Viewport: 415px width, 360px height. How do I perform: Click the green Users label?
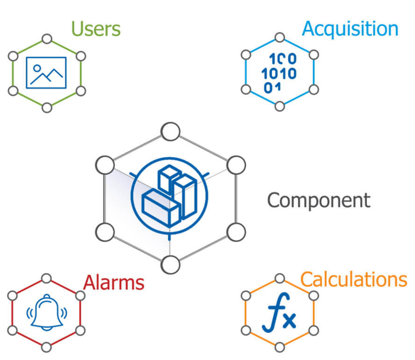point(95,29)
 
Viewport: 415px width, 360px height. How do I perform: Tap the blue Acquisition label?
point(350,29)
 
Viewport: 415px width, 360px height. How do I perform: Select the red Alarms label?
point(114,283)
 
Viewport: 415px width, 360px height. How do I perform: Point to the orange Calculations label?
point(353,280)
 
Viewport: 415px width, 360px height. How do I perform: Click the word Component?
point(319,201)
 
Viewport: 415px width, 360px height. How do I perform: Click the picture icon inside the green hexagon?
point(46,73)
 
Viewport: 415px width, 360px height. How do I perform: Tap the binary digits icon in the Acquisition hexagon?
point(279,73)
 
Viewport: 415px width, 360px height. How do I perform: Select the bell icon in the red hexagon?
point(46,312)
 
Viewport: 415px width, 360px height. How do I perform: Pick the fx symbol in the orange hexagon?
point(279,315)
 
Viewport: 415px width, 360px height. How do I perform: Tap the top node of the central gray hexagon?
point(170,132)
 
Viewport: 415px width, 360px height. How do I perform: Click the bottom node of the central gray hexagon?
point(170,265)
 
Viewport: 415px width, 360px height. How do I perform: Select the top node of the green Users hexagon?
point(46,38)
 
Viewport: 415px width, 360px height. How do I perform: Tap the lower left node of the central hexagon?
point(104,231)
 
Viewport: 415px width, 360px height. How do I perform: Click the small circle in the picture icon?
point(37,68)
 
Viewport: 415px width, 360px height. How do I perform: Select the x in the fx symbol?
point(289,320)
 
